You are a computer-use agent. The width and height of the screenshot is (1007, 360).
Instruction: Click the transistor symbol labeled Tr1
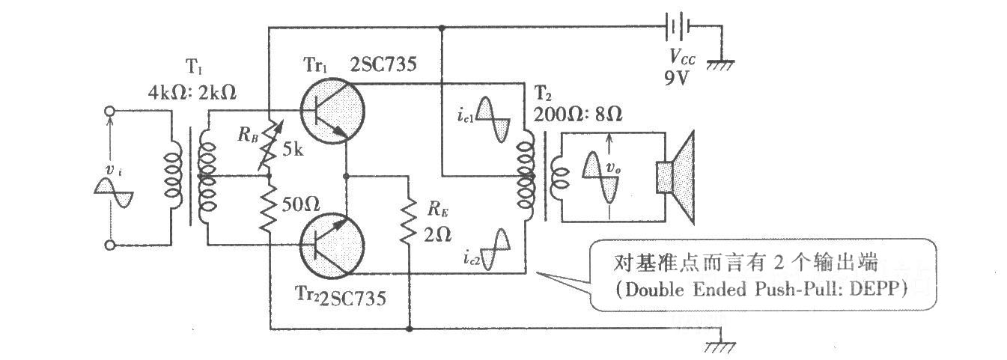(332, 112)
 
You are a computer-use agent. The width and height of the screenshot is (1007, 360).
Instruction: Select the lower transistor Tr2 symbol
(332, 245)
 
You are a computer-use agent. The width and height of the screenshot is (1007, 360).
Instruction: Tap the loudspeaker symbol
(675, 177)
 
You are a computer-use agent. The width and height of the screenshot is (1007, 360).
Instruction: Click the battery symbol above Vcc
(678, 26)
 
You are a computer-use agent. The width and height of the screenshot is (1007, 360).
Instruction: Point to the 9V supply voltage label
(677, 79)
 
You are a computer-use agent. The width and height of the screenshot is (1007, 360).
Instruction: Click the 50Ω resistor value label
(301, 205)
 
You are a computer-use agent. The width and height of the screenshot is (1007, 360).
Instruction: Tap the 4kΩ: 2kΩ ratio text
(192, 93)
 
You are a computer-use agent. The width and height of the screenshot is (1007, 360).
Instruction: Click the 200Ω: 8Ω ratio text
(578, 115)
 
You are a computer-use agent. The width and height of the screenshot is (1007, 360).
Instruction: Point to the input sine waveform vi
(114, 192)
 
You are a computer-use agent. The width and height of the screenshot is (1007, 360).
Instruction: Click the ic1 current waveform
(493, 119)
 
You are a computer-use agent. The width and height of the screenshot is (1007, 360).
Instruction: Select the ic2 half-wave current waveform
(496, 249)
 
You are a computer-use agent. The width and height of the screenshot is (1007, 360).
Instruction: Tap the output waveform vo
(600, 178)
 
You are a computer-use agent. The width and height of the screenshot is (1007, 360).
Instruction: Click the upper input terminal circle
(109, 111)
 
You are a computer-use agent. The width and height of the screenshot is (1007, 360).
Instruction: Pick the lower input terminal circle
(109, 245)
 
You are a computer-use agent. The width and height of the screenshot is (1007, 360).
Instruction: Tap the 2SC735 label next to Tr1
(383, 64)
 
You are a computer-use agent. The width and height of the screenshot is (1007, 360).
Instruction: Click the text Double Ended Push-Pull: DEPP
(762, 289)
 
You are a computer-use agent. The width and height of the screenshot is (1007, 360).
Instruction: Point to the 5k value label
(293, 150)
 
